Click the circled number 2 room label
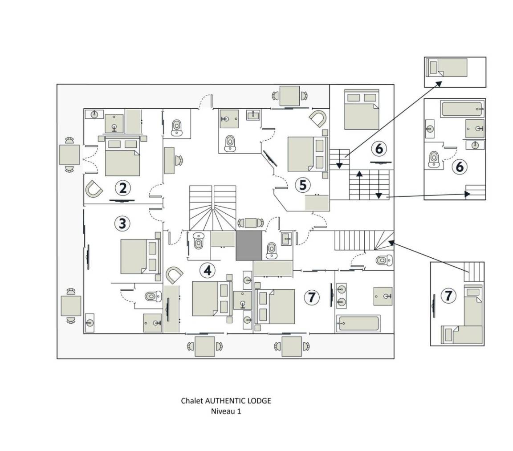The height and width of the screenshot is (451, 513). [123, 188]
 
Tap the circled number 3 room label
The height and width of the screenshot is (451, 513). [122, 223]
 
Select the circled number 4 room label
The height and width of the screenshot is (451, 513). [207, 270]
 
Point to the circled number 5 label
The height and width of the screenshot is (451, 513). [303, 185]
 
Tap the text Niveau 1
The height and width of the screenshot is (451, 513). [226, 411]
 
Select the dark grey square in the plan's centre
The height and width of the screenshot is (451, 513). [249, 245]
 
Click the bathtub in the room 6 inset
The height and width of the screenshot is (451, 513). [461, 108]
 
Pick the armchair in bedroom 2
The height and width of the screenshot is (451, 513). [94, 189]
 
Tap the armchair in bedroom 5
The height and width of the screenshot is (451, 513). [319, 118]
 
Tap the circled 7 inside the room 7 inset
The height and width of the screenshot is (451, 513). [448, 296]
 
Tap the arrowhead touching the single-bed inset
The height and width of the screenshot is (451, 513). [439, 83]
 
